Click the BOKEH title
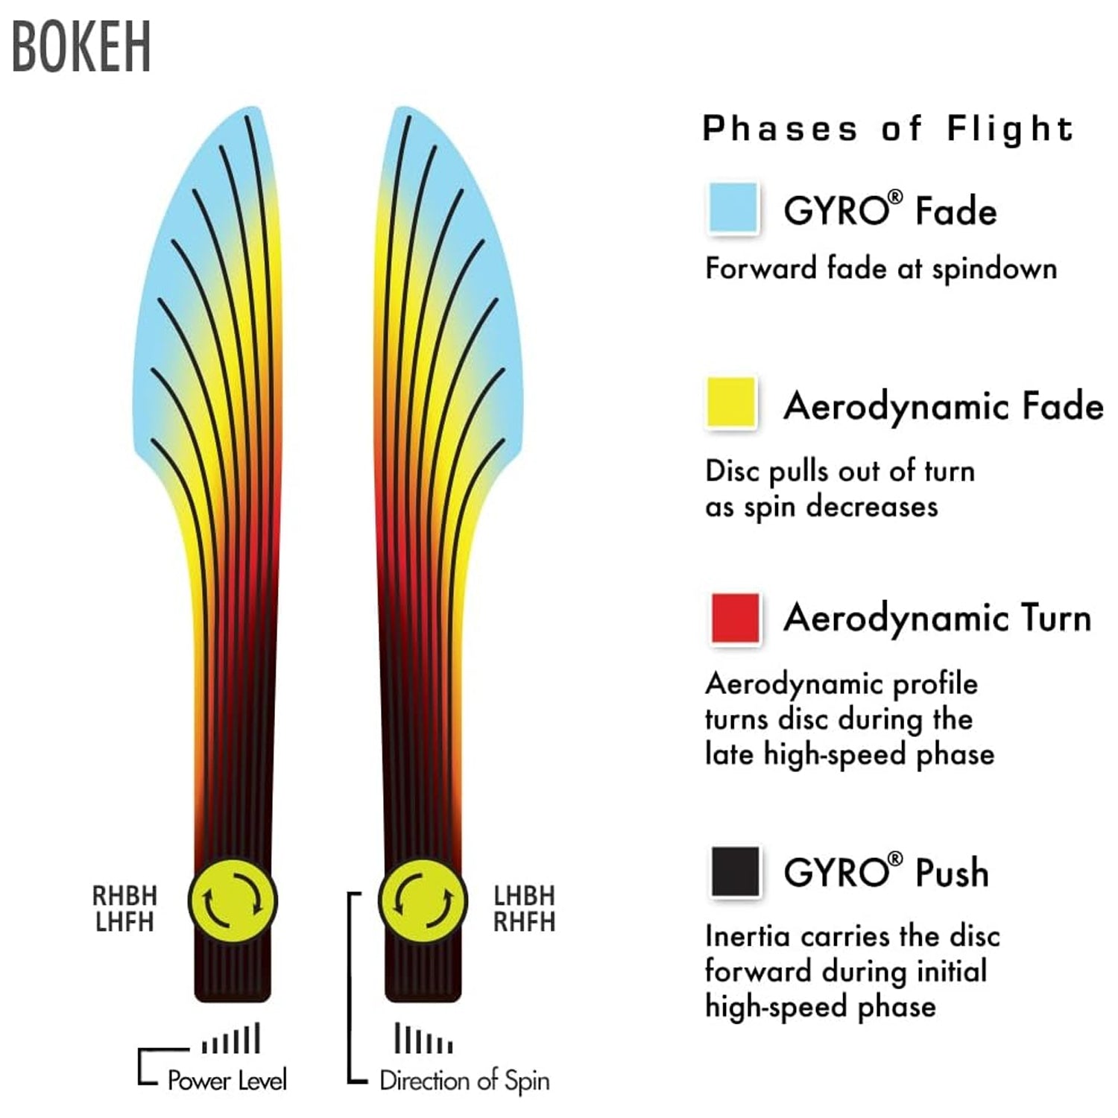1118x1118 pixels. point(81,47)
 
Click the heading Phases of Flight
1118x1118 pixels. point(888,128)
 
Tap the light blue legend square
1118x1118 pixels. point(733,206)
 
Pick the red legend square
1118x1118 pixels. point(735,617)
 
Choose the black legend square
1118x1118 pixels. point(735,871)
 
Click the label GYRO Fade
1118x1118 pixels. point(890,209)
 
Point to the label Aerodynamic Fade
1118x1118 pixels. point(943,407)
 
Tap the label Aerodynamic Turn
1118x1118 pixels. point(938,618)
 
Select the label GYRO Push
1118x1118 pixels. point(886,871)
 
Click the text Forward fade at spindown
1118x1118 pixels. point(881,269)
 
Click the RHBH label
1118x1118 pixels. point(124,895)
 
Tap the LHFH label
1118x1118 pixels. point(124,922)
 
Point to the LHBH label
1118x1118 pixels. point(525,895)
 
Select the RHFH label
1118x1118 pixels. point(525,922)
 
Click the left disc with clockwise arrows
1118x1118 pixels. point(233,900)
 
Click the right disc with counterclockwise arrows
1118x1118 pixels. point(423,900)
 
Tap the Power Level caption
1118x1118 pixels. point(227,1080)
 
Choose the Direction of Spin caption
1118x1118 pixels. point(464,1080)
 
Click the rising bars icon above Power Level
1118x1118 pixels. point(231,1038)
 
